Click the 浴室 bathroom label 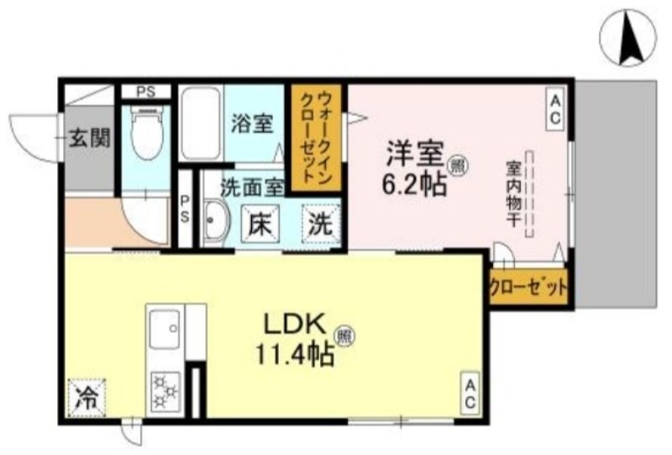[x=251, y=124]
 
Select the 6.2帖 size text [x=416, y=184]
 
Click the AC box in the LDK [x=470, y=393]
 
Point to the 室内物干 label [x=511, y=193]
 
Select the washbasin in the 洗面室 [x=215, y=224]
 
